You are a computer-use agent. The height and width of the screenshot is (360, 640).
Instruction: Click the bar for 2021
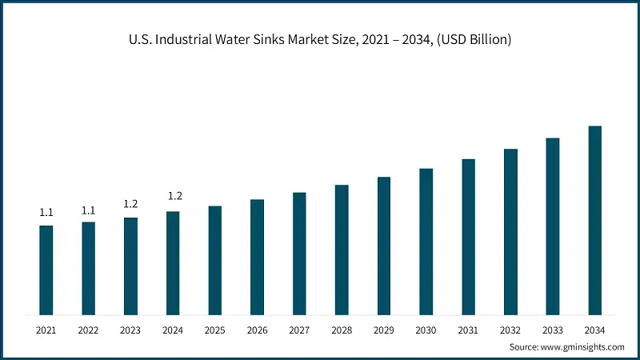tap(46, 270)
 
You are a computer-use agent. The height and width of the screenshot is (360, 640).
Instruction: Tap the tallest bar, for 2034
tap(595, 220)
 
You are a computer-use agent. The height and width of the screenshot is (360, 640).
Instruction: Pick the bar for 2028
tap(342, 250)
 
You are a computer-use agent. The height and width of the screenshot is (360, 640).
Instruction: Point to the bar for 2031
tap(468, 237)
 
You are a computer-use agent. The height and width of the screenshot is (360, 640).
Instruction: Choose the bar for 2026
tap(257, 257)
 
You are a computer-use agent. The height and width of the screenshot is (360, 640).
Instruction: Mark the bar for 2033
tap(553, 226)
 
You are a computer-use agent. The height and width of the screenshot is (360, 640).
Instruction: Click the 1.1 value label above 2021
tap(46, 213)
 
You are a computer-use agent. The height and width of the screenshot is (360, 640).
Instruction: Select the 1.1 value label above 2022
tap(89, 210)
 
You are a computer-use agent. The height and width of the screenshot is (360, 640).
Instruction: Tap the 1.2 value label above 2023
tap(130, 205)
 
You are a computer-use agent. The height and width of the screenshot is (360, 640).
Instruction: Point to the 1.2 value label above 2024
tap(173, 196)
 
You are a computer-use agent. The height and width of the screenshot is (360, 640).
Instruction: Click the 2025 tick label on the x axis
tap(215, 330)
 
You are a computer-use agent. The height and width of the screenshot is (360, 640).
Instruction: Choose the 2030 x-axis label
tap(426, 330)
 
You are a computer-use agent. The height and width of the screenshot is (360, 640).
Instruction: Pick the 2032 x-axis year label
tap(510, 330)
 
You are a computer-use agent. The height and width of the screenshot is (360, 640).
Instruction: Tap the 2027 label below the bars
tap(299, 330)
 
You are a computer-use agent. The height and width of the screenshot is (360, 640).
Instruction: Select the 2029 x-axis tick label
tap(384, 330)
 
